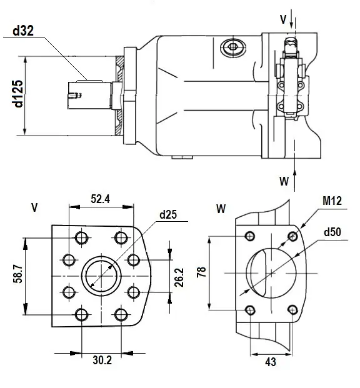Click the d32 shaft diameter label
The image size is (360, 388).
tap(23, 31)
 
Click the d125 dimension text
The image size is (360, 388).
tap(18, 94)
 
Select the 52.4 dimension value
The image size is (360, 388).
tap(100, 199)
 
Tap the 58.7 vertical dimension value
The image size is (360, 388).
tap(18, 274)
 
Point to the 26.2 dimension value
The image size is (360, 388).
tap(179, 277)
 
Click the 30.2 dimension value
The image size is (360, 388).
tap(102, 360)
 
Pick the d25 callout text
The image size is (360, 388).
tap(168, 214)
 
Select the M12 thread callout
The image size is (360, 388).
tap(332, 201)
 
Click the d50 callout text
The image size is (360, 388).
tap(332, 232)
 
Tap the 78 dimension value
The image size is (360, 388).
tap(201, 272)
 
